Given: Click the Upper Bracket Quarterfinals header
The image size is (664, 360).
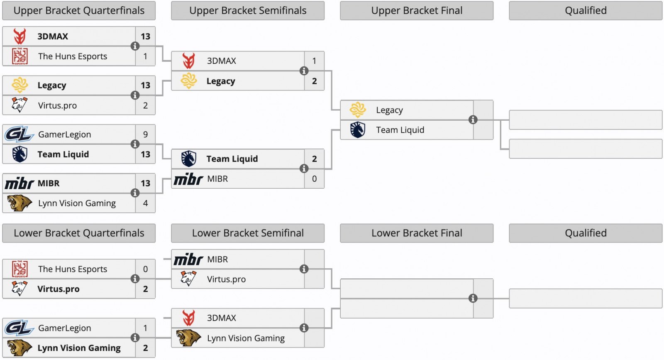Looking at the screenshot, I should (x=79, y=11).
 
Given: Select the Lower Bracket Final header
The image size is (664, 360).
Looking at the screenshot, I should (x=417, y=233).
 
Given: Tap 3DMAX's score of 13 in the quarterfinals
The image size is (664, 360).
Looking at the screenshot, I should (x=145, y=36).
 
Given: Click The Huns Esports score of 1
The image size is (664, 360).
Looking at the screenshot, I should (x=145, y=56).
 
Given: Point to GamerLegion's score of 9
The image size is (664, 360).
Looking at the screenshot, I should (x=145, y=134).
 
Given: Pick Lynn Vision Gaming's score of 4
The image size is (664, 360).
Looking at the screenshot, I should (x=145, y=203).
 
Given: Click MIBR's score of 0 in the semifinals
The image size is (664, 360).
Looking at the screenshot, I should (x=314, y=179).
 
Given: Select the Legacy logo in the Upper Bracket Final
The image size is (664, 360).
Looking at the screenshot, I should (x=357, y=110).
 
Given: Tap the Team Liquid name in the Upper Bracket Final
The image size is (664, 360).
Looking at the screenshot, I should (x=400, y=130).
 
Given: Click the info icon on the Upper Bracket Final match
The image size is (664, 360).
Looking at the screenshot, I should (x=473, y=120).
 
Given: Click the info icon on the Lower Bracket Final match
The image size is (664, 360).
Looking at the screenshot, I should (x=473, y=298).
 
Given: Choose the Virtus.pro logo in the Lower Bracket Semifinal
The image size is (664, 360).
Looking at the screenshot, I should (x=188, y=279).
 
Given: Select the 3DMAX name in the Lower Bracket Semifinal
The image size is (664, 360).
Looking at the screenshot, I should (x=222, y=318).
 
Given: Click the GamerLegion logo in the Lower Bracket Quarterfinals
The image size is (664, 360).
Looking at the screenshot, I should (x=19, y=328).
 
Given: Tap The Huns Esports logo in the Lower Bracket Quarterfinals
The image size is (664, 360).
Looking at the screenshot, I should (x=20, y=269).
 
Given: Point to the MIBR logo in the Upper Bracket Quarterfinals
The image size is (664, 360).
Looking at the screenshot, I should (x=19, y=183).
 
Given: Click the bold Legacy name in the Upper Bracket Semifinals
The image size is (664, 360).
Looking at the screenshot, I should (x=221, y=81).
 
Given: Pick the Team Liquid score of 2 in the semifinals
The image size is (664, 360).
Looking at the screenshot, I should (x=314, y=159).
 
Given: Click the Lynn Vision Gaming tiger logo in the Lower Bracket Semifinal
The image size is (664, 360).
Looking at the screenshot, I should (x=188, y=338).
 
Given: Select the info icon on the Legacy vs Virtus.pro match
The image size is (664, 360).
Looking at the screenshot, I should (x=135, y=95).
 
